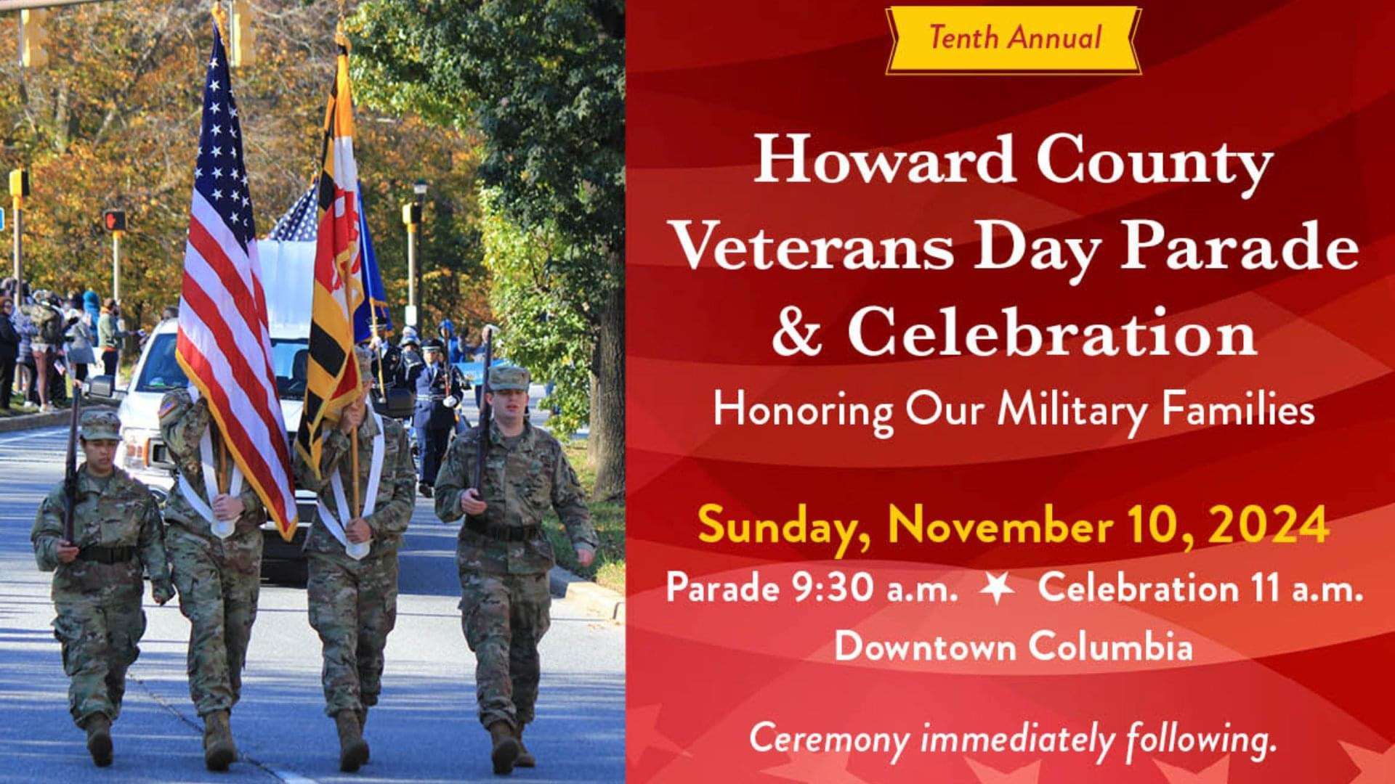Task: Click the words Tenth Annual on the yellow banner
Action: click(x=1014, y=37)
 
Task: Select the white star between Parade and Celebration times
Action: click(x=997, y=588)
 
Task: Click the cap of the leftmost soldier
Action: click(x=100, y=424)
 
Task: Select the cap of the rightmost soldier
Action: click(x=509, y=377)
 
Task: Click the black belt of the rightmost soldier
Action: click(x=503, y=531)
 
